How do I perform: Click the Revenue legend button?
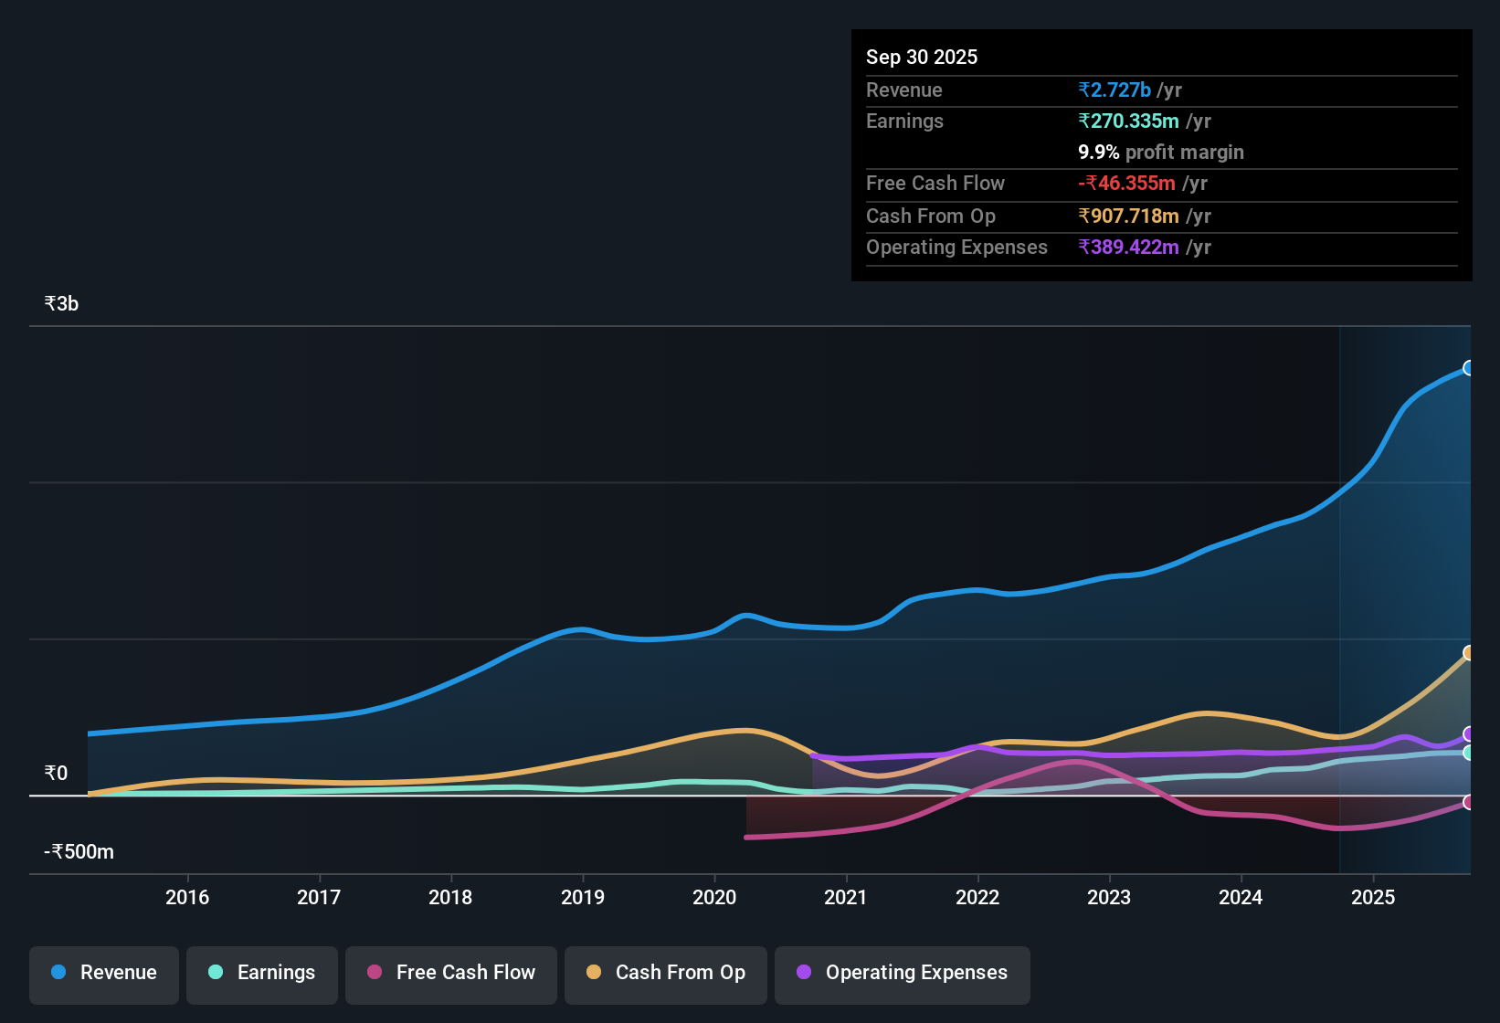[104, 973]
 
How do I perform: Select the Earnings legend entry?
[262, 973]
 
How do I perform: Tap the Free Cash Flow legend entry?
[451, 973]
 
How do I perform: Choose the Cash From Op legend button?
[666, 973]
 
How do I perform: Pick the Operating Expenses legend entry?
[903, 973]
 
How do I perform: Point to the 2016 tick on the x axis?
[187, 897]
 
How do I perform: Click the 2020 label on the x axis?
[714, 897]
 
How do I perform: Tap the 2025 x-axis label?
[1373, 897]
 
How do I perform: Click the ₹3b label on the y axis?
[61, 304]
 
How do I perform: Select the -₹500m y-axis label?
[79, 852]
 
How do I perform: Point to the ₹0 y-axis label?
[56, 774]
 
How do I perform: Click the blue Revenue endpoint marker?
[1469, 368]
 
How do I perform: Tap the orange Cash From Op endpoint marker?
[1469, 653]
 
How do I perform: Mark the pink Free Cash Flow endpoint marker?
[1469, 802]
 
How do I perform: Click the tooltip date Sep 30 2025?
[922, 58]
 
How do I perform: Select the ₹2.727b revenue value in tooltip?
[1114, 90]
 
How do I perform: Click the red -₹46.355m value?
[1126, 184]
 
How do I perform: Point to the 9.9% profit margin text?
[1161, 153]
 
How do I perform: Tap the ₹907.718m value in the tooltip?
[1129, 216]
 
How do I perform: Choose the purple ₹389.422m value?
[1129, 248]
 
